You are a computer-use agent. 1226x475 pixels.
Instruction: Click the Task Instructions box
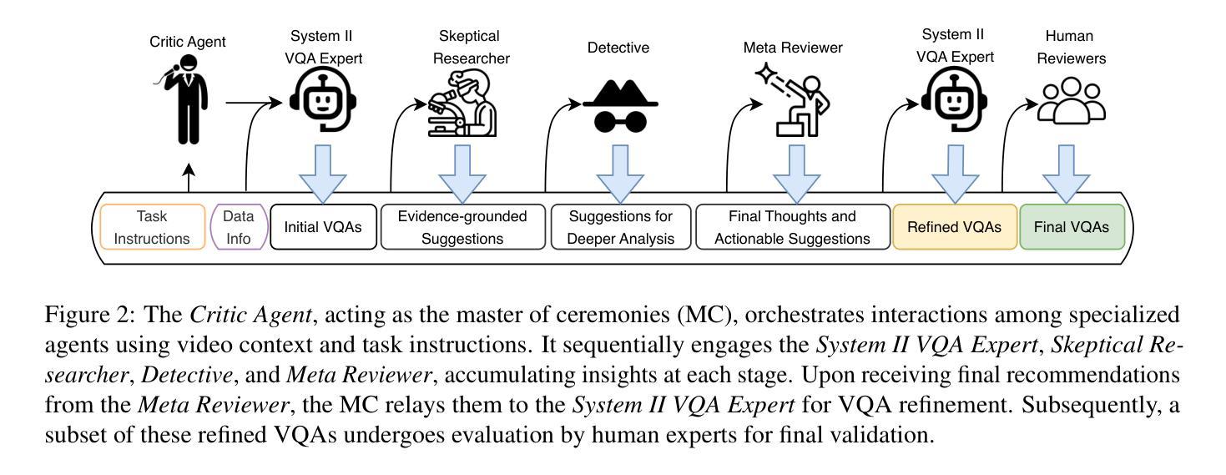152,227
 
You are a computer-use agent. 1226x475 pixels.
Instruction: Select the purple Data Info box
238,227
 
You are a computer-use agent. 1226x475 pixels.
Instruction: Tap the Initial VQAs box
322,227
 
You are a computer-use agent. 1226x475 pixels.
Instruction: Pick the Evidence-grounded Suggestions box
462,227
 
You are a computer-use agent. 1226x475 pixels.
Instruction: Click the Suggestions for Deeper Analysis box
621,227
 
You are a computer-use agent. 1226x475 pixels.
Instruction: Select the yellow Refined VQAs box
954,227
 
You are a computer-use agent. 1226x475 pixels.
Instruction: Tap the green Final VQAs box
1072,227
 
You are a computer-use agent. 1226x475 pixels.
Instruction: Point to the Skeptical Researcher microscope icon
462,104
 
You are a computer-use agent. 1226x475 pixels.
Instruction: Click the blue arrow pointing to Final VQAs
1067,171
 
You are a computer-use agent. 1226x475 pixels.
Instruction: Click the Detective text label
618,48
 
